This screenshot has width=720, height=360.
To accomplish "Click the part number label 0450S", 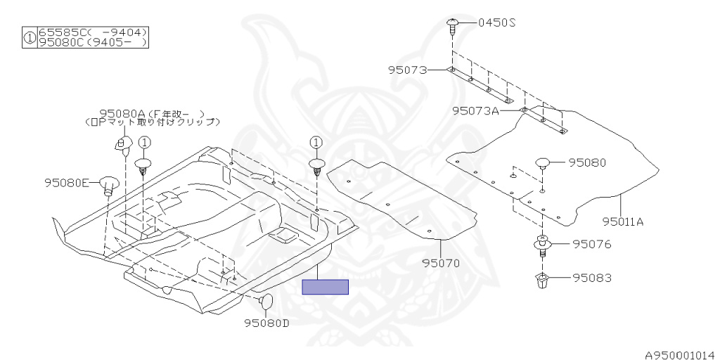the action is tap(497, 22).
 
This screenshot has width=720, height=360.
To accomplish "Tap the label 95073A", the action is tap(475, 110).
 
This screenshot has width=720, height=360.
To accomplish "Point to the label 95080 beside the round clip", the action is tap(587, 162).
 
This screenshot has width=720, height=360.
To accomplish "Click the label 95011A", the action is tap(622, 221).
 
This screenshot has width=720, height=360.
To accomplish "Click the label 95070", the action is tap(441, 264).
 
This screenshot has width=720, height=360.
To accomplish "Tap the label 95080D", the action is tap(266, 323).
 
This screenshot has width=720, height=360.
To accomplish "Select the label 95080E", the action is tap(65, 183).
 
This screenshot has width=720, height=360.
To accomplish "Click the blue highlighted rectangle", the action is tap(325, 287).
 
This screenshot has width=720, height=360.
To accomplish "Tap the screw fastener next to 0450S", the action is tap(452, 27).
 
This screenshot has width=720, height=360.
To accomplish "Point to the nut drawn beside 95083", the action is tap(542, 281).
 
